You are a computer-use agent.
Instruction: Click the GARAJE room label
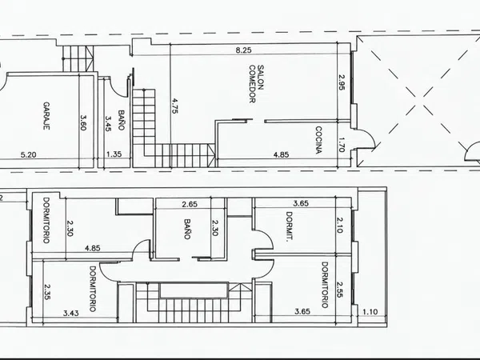click(46, 116)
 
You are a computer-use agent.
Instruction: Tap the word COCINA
click(318, 139)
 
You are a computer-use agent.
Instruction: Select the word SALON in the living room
click(261, 77)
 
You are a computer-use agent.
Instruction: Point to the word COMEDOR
click(252, 84)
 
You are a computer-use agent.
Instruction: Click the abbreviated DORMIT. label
click(288, 227)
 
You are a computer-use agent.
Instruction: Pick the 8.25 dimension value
click(244, 50)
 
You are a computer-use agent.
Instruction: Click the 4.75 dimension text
click(174, 106)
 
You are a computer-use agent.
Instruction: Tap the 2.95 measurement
click(342, 82)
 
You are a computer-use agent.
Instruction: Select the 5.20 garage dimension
click(28, 155)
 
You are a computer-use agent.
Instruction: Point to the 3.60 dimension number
click(82, 122)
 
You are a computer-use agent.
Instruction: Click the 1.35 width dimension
click(114, 154)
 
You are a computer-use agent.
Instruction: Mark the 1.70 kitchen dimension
click(342, 145)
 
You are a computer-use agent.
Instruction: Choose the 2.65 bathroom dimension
click(190, 204)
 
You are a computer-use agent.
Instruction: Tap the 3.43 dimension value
click(71, 313)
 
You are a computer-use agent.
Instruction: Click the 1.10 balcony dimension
click(370, 312)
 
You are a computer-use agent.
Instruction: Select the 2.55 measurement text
click(339, 290)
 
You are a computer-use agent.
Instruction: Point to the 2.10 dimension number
click(339, 226)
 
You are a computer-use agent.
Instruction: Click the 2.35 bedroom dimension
click(47, 292)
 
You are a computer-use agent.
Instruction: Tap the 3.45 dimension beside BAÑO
click(108, 123)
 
